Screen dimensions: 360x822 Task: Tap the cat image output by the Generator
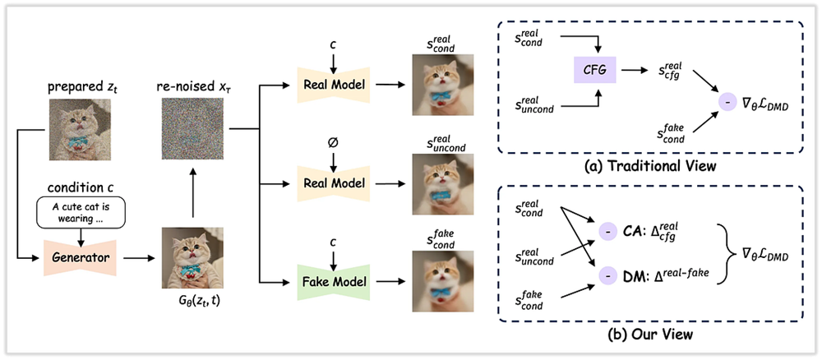point(195,258)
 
